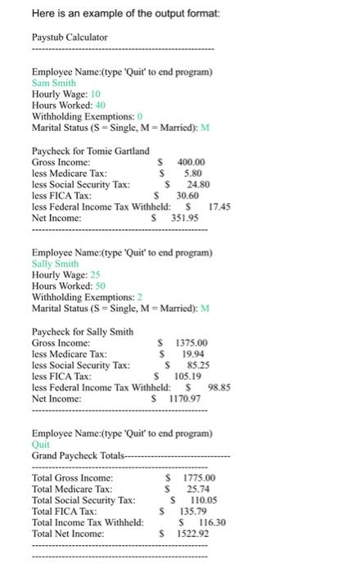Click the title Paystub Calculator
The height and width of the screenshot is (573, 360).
point(70,38)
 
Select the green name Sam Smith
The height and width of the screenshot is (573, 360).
point(53,83)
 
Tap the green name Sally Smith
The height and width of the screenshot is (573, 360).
point(55,264)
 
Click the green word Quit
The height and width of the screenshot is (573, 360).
point(40,444)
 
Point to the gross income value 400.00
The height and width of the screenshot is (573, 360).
point(191,162)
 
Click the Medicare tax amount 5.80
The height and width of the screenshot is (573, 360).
point(193,174)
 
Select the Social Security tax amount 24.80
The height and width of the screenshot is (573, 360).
point(199,185)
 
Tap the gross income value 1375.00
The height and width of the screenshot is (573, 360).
point(192,343)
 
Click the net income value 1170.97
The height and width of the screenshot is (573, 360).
point(186,399)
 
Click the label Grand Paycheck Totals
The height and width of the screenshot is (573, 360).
point(78,455)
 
